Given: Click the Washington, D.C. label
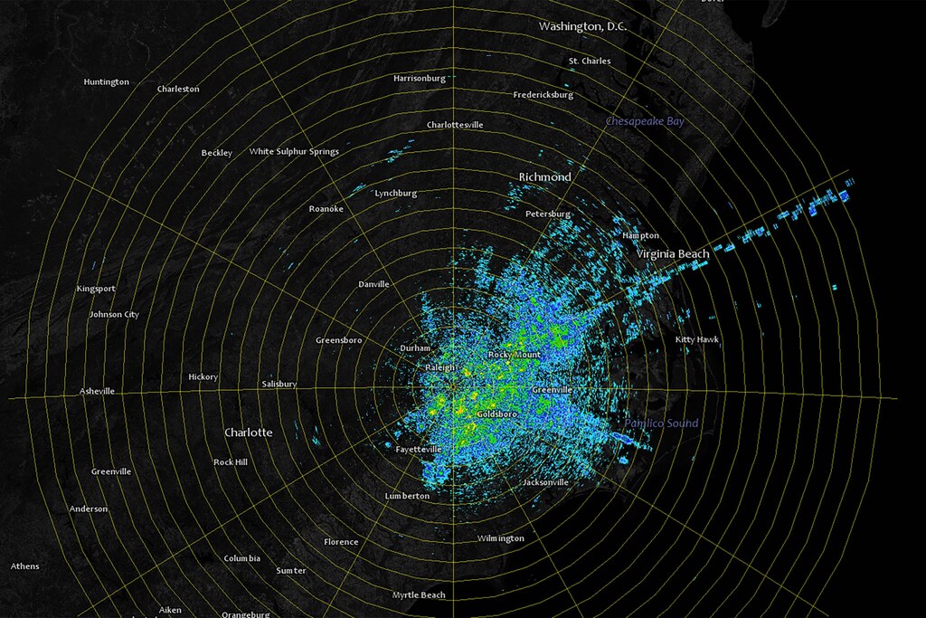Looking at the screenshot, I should click(x=582, y=26).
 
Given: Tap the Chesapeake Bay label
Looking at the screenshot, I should click(x=645, y=120).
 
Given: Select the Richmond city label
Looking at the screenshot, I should click(x=544, y=176).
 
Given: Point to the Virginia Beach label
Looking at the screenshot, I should click(x=672, y=254).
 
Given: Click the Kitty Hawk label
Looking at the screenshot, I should click(x=696, y=339).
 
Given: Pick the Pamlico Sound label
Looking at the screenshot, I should click(x=661, y=423).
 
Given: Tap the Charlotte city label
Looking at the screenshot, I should click(x=248, y=433).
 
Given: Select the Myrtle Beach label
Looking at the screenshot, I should click(x=419, y=594).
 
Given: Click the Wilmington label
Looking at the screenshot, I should click(x=500, y=538).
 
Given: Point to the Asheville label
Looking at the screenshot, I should click(x=97, y=391).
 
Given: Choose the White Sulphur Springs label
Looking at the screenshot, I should click(x=294, y=151).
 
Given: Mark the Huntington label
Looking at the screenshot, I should click(x=106, y=82).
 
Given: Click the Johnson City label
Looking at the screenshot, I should click(x=114, y=314).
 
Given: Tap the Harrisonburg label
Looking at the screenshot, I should click(x=419, y=78).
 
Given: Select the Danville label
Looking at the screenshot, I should click(x=373, y=284).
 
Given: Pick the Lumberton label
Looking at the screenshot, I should click(x=406, y=496).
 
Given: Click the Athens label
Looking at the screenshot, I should click(x=24, y=566).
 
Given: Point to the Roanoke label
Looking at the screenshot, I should click(x=326, y=209).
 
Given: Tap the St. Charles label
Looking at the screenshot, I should click(x=589, y=62).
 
